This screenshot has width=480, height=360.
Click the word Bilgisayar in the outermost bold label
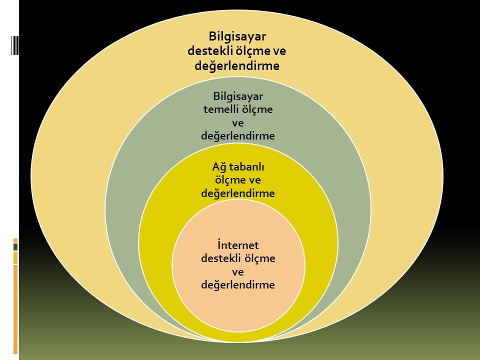[237, 36]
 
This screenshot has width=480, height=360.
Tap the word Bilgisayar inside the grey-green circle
[238, 96]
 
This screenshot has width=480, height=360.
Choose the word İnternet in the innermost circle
[238, 245]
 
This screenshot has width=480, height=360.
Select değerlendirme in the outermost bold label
[237, 65]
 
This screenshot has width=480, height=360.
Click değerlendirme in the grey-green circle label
[238, 135]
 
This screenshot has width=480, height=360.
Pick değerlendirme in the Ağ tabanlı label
[238, 193]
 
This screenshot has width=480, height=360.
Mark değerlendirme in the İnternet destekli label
[238, 285]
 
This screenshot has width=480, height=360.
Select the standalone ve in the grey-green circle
[238, 122]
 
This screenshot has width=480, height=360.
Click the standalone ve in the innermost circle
[238, 272]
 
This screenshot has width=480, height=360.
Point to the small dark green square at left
[15, 247]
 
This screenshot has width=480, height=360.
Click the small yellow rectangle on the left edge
[15, 257]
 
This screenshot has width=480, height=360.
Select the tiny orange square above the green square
[15, 239]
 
